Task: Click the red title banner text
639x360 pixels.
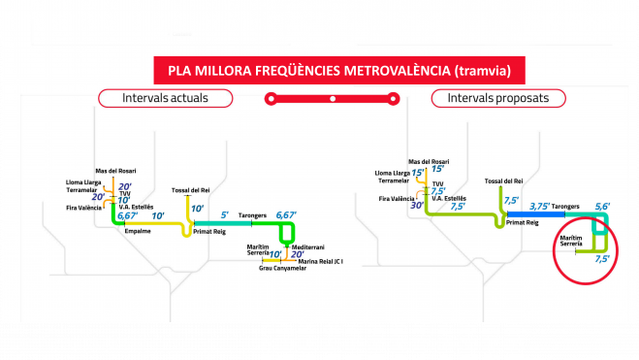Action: tap(332, 70)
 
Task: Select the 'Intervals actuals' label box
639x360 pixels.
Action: tap(165, 98)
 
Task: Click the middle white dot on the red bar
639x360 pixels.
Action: tap(332, 98)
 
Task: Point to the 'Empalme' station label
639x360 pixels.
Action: tap(139, 231)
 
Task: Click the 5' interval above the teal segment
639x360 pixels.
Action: tap(225, 213)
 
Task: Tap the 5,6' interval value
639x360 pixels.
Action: tap(602, 206)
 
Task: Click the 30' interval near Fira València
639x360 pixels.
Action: tap(417, 205)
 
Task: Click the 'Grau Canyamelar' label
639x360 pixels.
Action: tap(282, 268)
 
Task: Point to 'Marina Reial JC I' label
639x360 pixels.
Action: tap(321, 260)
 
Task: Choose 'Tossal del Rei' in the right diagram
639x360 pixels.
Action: tap(503, 180)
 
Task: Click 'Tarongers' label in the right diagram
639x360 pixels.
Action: tap(565, 207)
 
